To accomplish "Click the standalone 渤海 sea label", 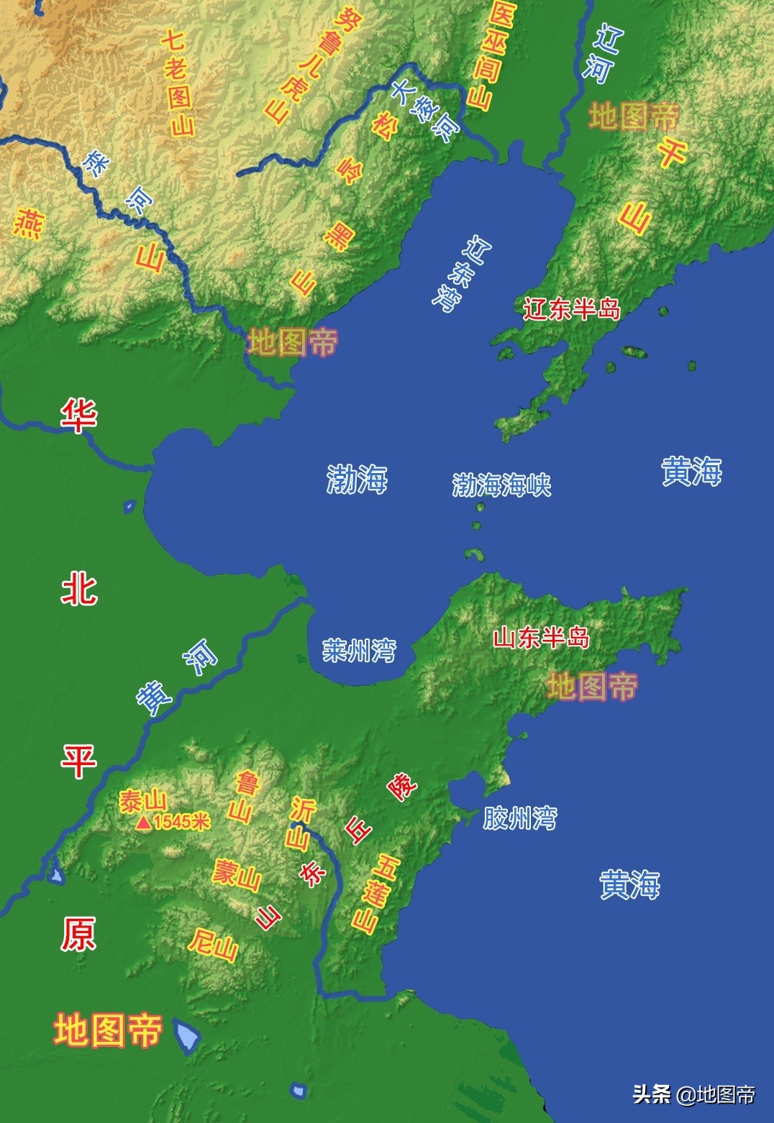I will click(x=357, y=479).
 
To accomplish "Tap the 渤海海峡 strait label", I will click(x=501, y=485).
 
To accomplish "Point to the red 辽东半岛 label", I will click(x=572, y=308).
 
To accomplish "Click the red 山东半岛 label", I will click(x=541, y=638).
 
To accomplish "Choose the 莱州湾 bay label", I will click(x=359, y=651).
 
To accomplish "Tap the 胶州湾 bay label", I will click(x=519, y=817).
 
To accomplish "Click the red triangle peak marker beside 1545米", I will click(x=144, y=822).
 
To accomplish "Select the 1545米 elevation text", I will click(x=181, y=822).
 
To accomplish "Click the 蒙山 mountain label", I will click(x=235, y=874).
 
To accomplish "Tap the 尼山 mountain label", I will click(x=213, y=944).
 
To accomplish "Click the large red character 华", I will click(x=78, y=416).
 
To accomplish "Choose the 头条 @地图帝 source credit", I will click(x=693, y=1094).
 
